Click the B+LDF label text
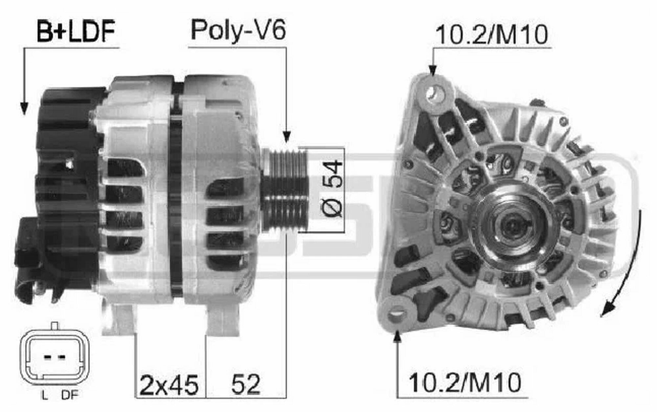click(x=76, y=31)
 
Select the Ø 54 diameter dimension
click(x=332, y=189)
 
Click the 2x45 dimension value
click(x=169, y=384)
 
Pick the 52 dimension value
click(x=246, y=384)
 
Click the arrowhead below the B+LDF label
click(x=24, y=108)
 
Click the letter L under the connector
click(x=45, y=396)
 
